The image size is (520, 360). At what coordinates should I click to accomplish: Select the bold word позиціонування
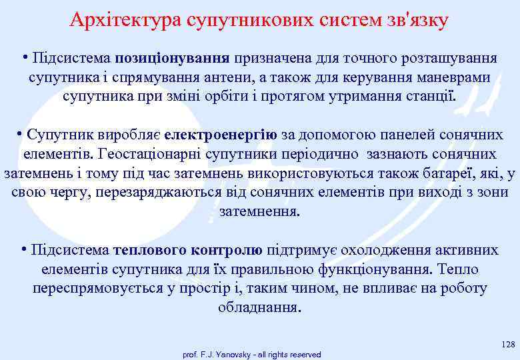pos(172,58)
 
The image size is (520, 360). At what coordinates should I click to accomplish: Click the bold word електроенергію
pos(220,135)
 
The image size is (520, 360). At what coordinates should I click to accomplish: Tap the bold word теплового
pos(151,250)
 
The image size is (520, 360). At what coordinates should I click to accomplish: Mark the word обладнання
pos(260,308)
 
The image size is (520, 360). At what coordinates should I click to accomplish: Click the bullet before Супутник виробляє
pos(20,134)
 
